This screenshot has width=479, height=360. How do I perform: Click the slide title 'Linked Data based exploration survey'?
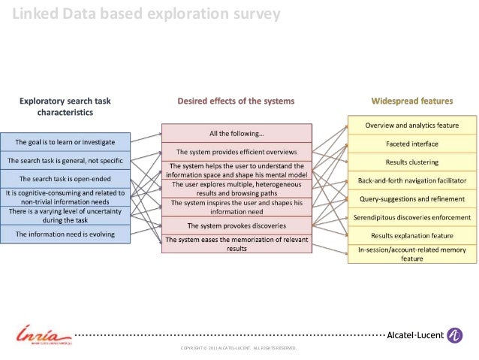146,14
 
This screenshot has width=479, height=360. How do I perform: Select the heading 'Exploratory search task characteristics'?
66,106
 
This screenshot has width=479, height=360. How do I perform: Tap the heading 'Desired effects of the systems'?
236,100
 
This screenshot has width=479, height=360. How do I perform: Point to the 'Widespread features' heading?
412,100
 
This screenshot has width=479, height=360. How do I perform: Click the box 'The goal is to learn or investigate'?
67,141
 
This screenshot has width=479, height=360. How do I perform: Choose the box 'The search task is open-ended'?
67,179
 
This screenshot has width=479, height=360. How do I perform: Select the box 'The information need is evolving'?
67,234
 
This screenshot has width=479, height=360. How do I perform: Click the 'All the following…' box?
236,134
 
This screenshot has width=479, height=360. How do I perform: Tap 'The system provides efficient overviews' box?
236,152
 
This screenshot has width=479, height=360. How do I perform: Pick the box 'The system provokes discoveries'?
236,225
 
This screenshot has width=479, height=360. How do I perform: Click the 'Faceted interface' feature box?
412,143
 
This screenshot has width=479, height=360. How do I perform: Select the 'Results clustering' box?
412,162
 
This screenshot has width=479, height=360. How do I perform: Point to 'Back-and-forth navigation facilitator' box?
412,180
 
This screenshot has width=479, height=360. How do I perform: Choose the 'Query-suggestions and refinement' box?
412,199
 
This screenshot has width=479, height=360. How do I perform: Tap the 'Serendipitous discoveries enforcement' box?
412,217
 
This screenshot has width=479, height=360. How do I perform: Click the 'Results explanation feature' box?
412,235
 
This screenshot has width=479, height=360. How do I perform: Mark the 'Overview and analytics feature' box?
412,124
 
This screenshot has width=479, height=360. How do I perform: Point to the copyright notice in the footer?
239,349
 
